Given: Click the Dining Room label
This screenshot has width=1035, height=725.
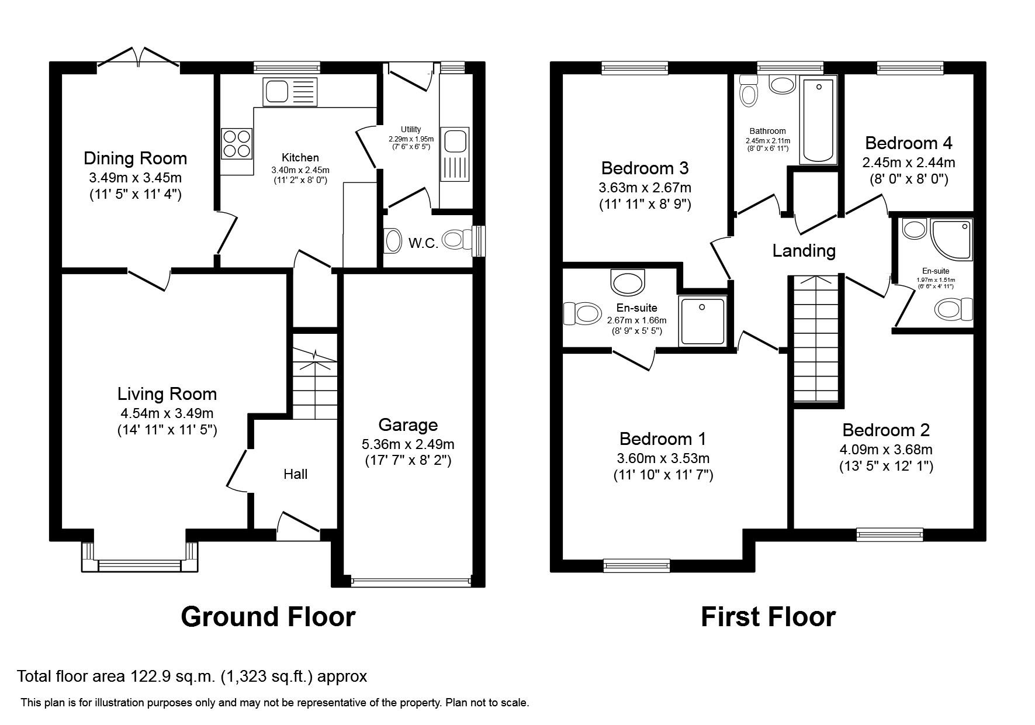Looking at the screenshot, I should (x=135, y=158).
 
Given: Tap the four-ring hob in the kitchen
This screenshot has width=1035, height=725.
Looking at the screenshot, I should (x=237, y=143).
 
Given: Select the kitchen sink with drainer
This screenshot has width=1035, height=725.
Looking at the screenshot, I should (x=290, y=92).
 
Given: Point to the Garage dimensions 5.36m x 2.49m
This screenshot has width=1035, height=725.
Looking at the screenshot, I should (x=407, y=444).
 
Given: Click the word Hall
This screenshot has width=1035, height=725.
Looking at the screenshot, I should (x=295, y=474).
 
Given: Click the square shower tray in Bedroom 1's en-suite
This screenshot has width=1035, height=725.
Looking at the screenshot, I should (x=702, y=320).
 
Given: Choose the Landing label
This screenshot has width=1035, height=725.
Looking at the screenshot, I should (x=804, y=251).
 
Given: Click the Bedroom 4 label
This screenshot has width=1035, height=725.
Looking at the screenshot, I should (x=908, y=143).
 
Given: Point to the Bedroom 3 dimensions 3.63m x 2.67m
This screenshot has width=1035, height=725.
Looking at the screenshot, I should (x=645, y=188).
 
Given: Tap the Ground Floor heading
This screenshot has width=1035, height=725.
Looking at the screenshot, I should (x=268, y=617).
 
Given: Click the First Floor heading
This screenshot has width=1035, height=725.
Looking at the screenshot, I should (x=768, y=617).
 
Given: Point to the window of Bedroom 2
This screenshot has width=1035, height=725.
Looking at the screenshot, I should (x=889, y=534).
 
